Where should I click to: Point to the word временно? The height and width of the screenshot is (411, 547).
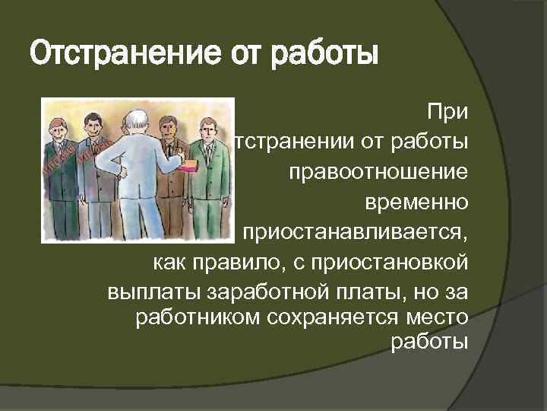point(416,202)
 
